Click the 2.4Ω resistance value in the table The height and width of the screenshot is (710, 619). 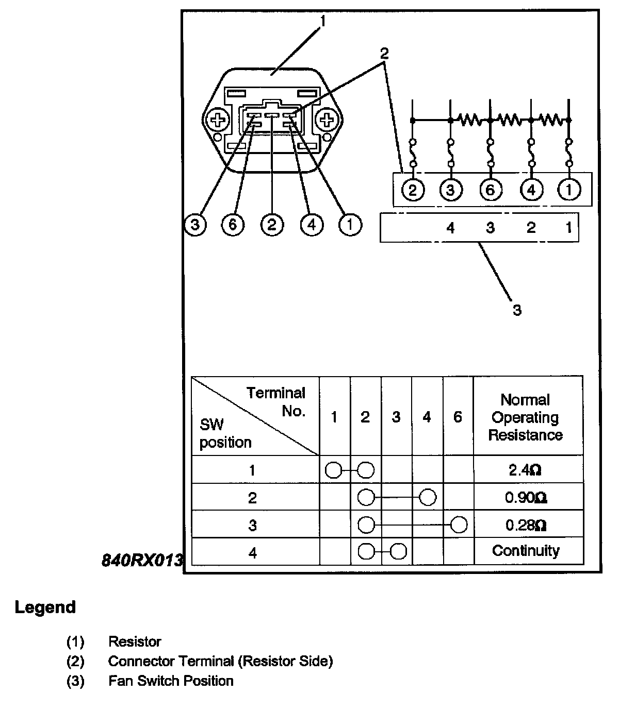click(525, 470)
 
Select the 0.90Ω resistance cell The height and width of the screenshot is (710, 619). click(525, 498)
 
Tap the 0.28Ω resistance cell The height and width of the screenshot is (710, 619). click(525, 525)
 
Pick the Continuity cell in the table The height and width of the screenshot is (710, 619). click(525, 551)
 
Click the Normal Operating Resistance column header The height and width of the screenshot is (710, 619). click(525, 417)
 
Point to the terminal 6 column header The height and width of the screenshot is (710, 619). click(458, 417)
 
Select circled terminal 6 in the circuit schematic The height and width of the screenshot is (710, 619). click(490, 191)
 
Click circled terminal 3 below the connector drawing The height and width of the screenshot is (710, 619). click(195, 225)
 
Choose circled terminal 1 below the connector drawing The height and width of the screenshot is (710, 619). click(350, 225)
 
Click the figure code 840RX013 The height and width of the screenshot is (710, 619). click(142, 560)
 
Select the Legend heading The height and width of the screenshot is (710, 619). click(45, 607)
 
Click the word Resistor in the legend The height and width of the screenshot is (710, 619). click(135, 642)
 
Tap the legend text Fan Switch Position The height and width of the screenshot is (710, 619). click(171, 681)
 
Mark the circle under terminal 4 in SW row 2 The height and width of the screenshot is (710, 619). click(428, 498)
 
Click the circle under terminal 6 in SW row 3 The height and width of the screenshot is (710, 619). click(459, 525)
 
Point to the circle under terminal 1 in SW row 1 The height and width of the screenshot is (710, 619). click(334, 470)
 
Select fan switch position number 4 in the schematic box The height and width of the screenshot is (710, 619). click(450, 228)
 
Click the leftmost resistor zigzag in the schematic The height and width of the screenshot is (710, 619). click(470, 121)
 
